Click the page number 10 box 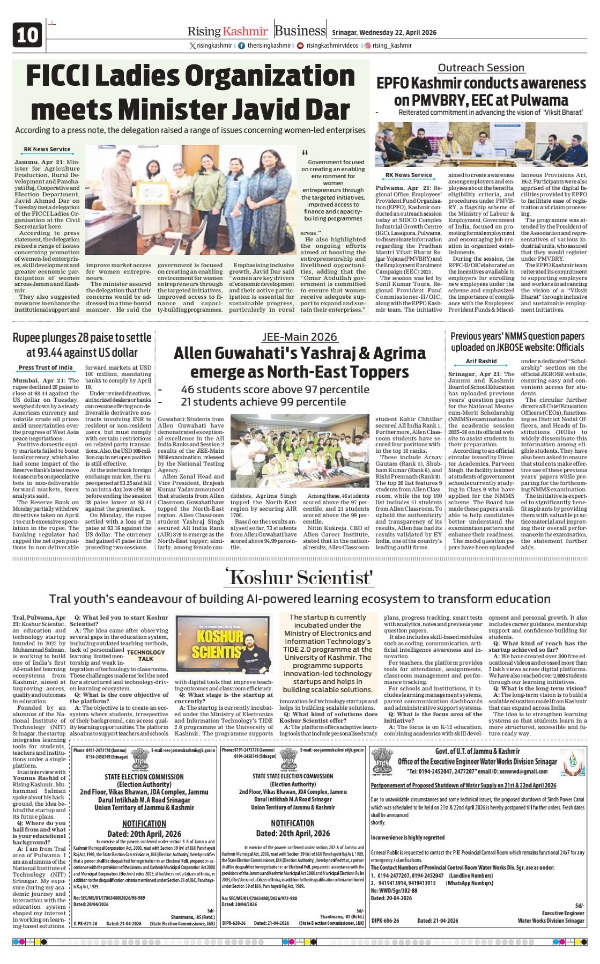(x=27, y=35)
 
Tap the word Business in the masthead (x=300, y=31)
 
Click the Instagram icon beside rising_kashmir (x=368, y=46)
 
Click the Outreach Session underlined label (x=481, y=68)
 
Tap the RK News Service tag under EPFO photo (x=409, y=175)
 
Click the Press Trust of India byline (x=46, y=367)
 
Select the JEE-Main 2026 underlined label (x=299, y=337)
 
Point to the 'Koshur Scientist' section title (x=300, y=578)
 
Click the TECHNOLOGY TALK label (x=146, y=656)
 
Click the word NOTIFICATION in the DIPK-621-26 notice (x=144, y=823)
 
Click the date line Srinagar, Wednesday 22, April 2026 (x=384, y=33)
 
